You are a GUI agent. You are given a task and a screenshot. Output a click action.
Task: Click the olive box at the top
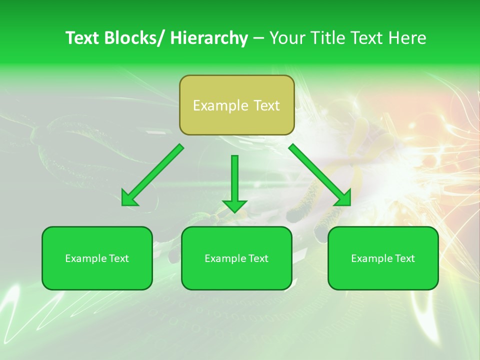point(236,105)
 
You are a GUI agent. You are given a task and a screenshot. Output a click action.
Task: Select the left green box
point(97,258)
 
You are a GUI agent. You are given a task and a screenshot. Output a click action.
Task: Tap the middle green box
point(236,258)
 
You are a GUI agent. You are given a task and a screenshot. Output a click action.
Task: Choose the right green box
point(383,258)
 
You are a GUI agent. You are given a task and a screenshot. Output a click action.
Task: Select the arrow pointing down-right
point(320,175)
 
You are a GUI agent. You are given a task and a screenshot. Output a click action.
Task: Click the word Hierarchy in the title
point(208,38)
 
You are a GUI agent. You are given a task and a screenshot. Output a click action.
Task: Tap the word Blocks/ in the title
point(134,38)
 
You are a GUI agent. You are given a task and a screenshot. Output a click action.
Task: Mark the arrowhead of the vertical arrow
point(234,205)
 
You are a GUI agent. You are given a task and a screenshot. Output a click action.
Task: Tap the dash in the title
point(258,38)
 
